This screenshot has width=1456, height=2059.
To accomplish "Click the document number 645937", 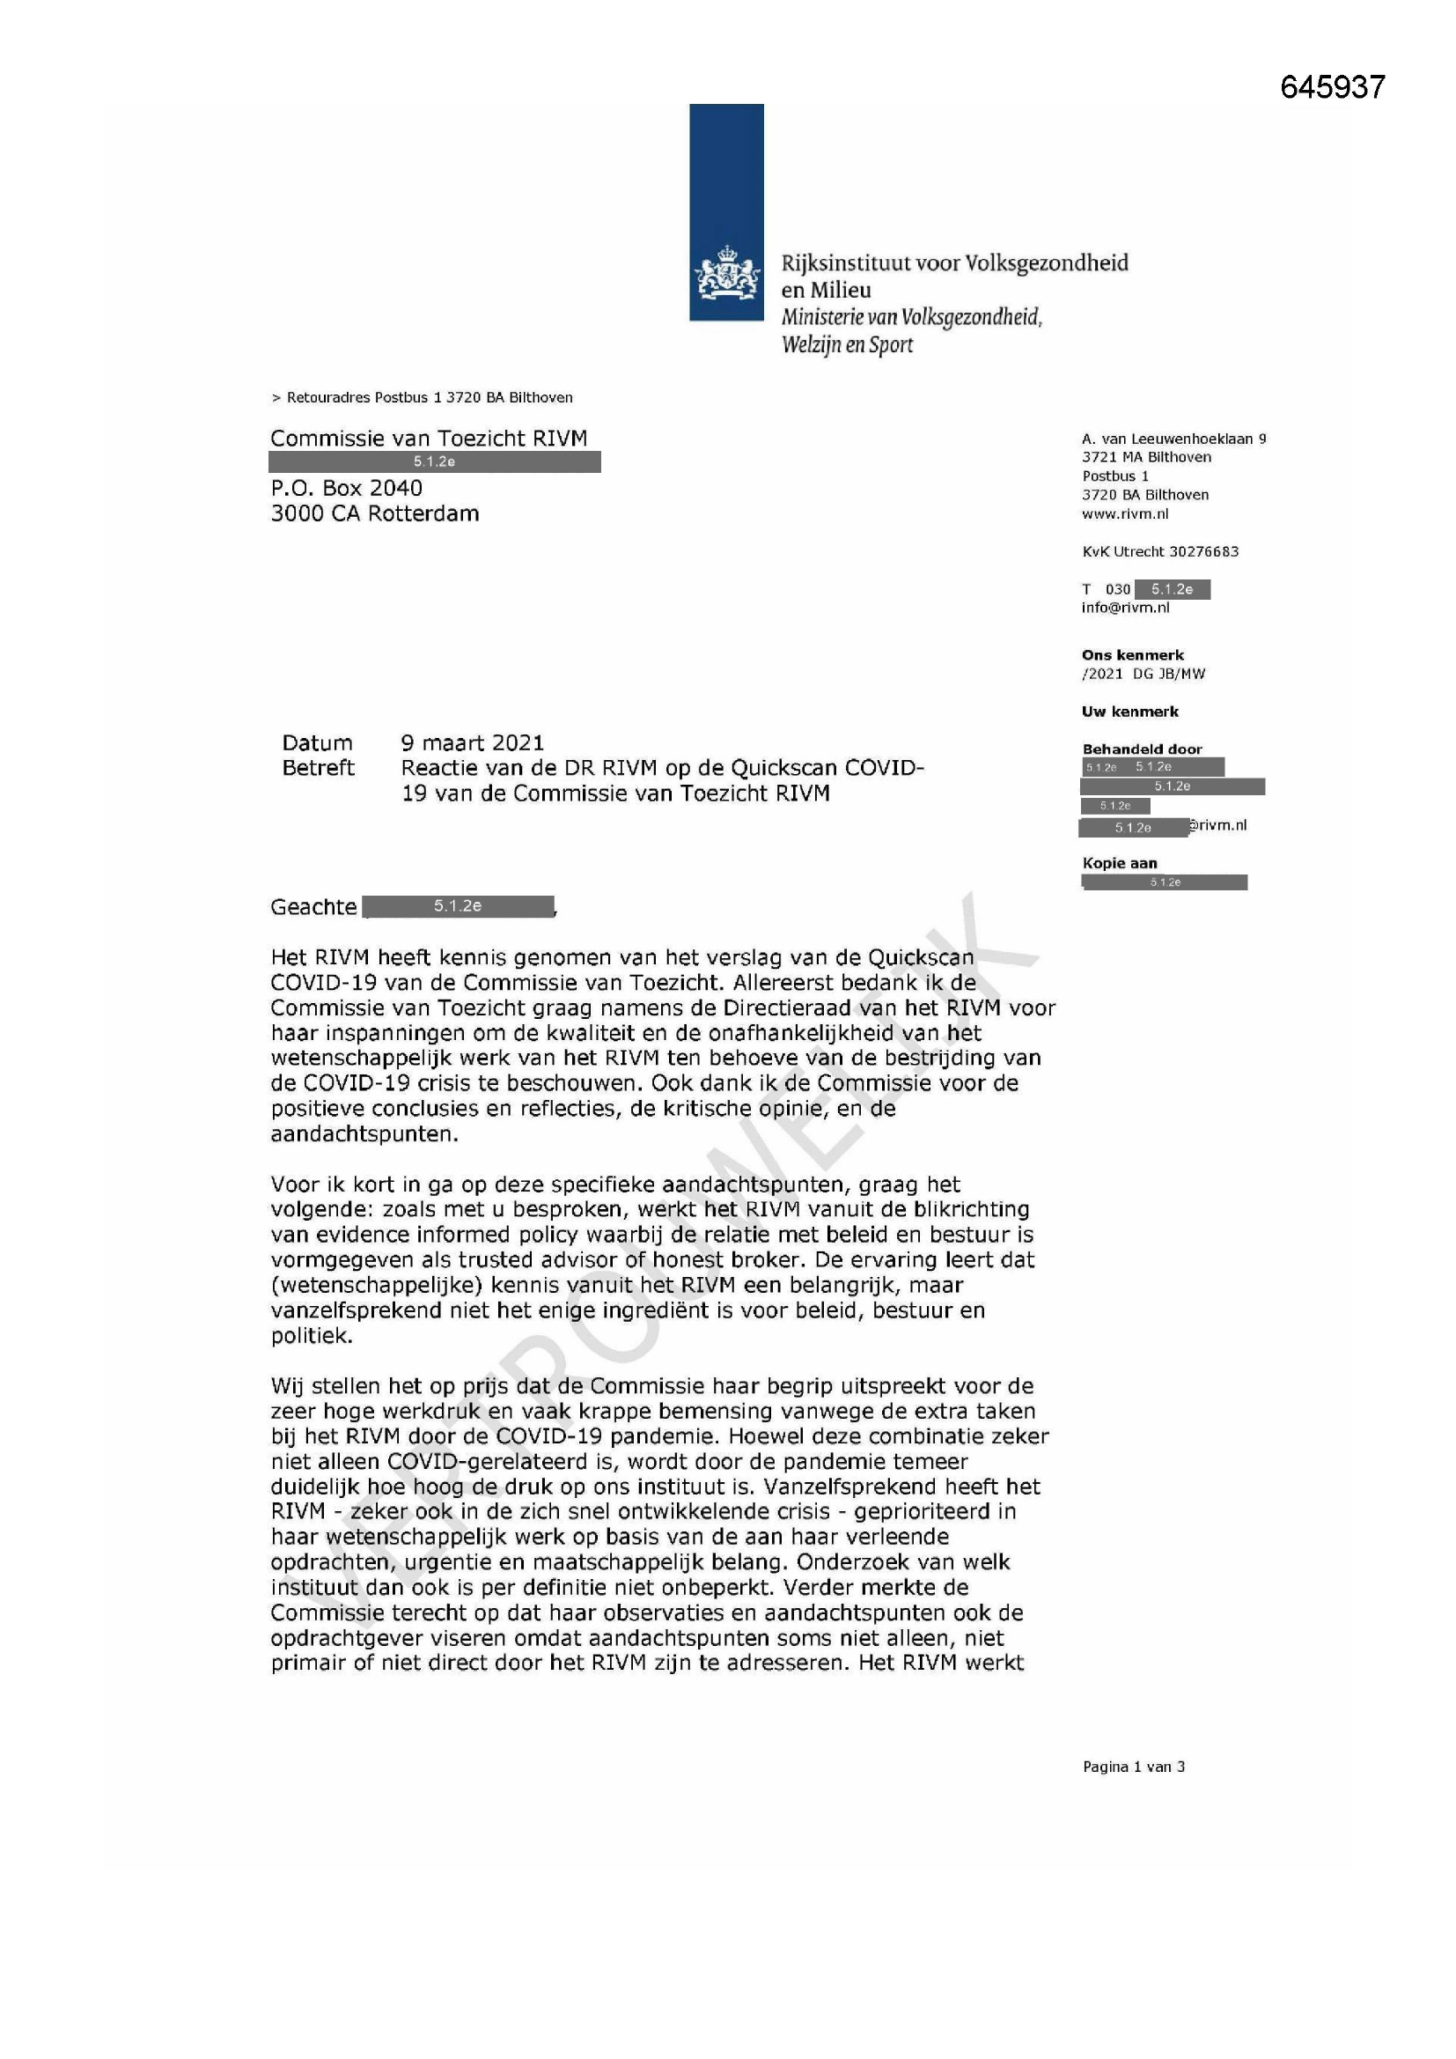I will click(x=1332, y=87).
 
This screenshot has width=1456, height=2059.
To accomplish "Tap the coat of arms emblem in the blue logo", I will click(x=725, y=276).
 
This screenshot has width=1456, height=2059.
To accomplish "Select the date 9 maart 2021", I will click(x=473, y=742).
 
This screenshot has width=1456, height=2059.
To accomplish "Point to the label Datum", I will click(x=318, y=742).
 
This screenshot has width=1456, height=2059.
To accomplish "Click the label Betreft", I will click(x=319, y=768).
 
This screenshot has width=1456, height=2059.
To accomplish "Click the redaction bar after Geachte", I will click(x=458, y=906).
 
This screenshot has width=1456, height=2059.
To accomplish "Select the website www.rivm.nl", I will click(x=1125, y=513).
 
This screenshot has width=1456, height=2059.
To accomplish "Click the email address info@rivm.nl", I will click(x=1125, y=608).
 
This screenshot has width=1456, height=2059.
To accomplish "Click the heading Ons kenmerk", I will click(x=1132, y=654).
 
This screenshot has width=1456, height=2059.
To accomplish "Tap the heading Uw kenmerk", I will click(x=1129, y=712).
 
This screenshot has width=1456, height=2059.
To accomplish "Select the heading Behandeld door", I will click(x=1142, y=749).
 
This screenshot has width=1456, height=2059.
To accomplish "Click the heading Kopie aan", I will click(x=1120, y=863).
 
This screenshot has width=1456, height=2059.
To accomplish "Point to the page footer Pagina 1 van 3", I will click(x=1133, y=1767).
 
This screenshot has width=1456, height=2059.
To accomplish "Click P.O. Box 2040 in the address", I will click(x=346, y=488).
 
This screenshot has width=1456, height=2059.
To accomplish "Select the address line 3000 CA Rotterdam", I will click(x=375, y=513).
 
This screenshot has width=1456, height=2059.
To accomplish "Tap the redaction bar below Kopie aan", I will click(x=1164, y=882).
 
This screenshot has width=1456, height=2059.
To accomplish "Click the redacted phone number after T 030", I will click(x=1172, y=589).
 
